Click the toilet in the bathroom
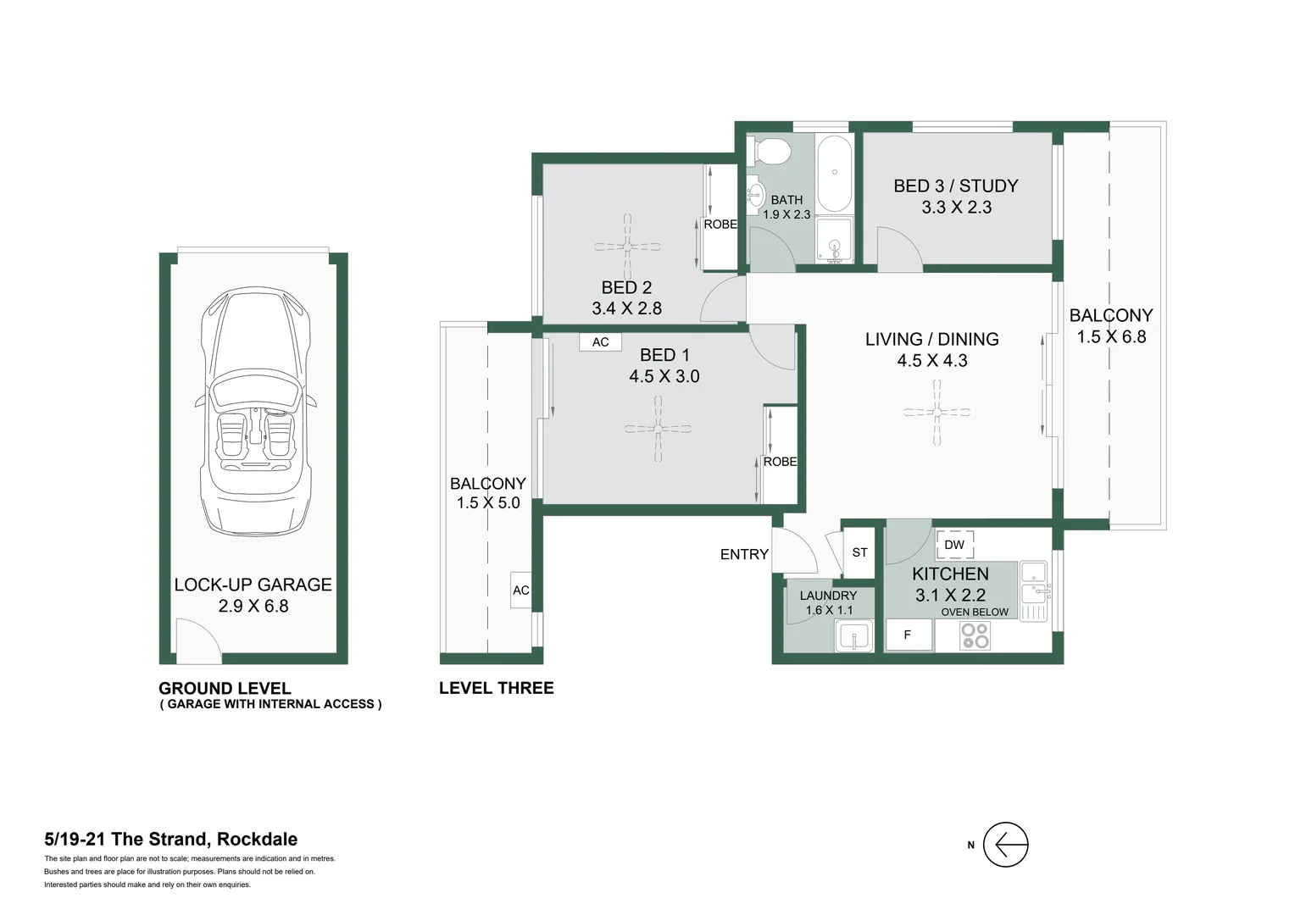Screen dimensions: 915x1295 (771, 152)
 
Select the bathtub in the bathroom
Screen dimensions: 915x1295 (835, 173)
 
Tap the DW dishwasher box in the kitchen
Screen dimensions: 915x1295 (954, 545)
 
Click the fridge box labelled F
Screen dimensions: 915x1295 (908, 635)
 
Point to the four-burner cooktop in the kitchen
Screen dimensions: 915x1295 (975, 635)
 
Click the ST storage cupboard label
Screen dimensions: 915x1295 (859, 552)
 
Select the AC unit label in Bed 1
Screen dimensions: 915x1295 (600, 342)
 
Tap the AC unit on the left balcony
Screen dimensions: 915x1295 (520, 591)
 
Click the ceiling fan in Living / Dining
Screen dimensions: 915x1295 (937, 412)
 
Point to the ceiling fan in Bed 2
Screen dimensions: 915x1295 (627, 247)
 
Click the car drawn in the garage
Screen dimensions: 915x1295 (254, 411)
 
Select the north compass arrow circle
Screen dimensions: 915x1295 (1006, 845)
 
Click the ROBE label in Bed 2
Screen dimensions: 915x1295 (720, 225)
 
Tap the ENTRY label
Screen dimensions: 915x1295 (744, 554)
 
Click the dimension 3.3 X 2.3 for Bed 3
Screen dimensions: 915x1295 (956, 208)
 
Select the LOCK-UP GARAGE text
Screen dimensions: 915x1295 (253, 585)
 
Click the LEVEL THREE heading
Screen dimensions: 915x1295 (496, 688)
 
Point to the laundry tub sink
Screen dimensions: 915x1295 (853, 635)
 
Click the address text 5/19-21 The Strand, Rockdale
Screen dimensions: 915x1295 (170, 840)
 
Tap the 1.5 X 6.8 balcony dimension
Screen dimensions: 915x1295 (1111, 337)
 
